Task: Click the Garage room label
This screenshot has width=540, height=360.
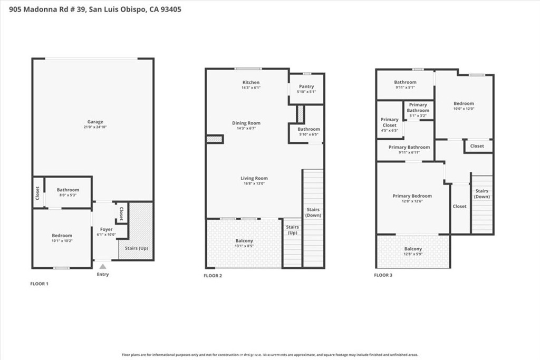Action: (95, 122)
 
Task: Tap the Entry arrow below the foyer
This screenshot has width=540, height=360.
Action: (103, 267)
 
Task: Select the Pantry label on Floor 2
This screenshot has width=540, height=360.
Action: (306, 86)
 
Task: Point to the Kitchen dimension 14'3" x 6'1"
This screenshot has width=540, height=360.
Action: (251, 88)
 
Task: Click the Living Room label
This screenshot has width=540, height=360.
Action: (254, 178)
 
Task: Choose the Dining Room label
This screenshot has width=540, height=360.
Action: (246, 123)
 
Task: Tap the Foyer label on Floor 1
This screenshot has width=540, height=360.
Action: (107, 229)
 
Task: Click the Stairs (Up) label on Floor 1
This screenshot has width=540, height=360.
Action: (136, 248)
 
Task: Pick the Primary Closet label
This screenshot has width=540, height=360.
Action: (390, 123)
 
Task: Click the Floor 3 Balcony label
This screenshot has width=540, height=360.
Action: (413, 249)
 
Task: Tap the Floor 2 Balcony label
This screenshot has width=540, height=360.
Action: (244, 241)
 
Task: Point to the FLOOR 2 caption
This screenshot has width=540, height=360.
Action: (213, 275)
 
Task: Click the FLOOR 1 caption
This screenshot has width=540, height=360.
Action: (39, 284)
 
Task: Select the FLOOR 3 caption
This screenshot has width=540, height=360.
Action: (383, 275)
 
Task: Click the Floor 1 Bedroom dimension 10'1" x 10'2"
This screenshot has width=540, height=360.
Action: (62, 241)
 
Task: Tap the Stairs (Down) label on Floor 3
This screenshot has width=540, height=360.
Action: (481, 193)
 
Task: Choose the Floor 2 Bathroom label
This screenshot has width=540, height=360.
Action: (308, 129)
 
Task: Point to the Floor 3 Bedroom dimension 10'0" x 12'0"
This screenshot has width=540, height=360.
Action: (464, 109)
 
